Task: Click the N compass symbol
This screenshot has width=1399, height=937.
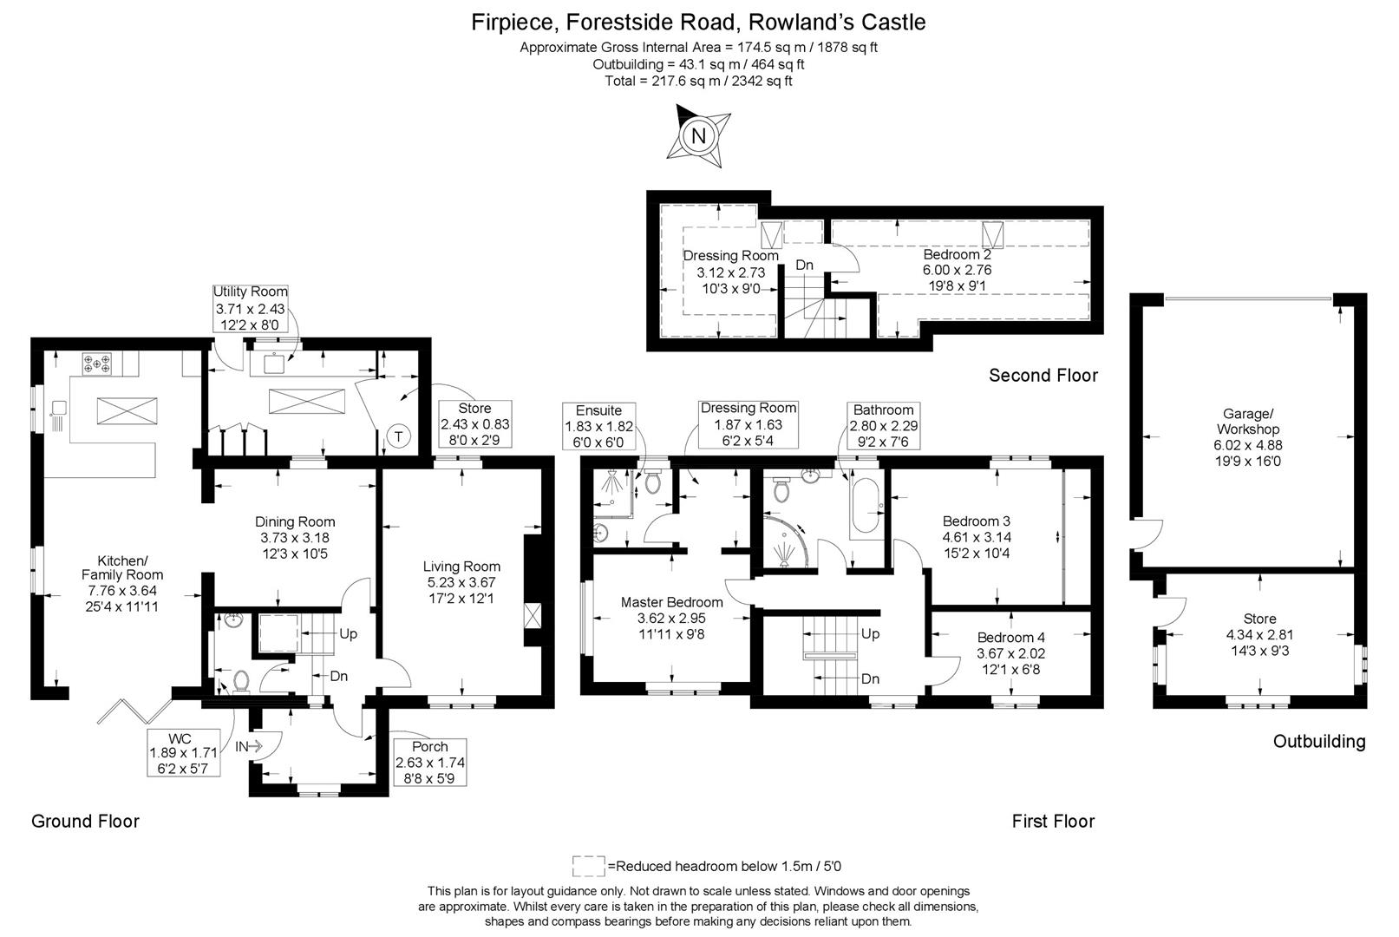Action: tap(698, 135)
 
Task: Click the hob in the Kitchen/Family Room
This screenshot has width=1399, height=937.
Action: tap(96, 363)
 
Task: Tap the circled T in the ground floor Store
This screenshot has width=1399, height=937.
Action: tap(398, 436)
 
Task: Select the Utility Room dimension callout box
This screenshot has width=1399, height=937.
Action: tap(251, 308)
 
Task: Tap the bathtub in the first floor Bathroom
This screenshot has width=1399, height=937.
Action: tap(866, 508)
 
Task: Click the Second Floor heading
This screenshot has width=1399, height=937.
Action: tap(1043, 375)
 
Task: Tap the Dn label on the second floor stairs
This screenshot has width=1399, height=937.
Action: tap(804, 265)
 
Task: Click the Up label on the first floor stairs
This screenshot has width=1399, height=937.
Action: tap(870, 633)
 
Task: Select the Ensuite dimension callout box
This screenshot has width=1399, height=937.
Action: tap(598, 425)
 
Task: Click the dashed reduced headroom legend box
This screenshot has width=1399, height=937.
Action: tap(588, 865)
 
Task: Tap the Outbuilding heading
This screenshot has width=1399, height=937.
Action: tap(1318, 741)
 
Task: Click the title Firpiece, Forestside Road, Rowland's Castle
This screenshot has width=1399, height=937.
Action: tap(698, 22)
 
